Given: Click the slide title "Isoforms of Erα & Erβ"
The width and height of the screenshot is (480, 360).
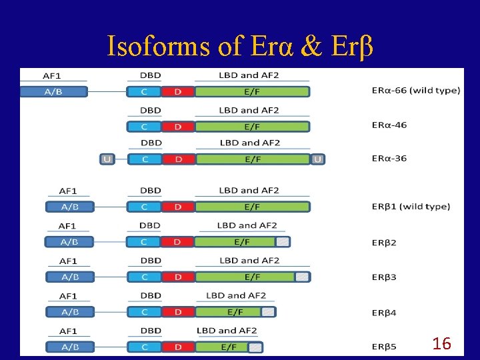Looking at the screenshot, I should [x=240, y=45].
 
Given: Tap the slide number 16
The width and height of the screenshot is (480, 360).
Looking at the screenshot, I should [x=441, y=344].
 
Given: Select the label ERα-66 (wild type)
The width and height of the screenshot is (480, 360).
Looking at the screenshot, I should [x=415, y=90].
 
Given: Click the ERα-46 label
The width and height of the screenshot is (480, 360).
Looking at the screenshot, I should [x=389, y=125].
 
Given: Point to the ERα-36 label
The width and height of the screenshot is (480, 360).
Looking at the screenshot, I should [x=389, y=158].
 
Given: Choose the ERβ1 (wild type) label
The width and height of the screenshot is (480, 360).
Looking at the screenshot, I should [x=411, y=206].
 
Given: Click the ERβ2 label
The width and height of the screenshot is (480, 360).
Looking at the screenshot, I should [x=384, y=242].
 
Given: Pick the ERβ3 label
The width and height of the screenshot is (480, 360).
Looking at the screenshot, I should [x=384, y=277].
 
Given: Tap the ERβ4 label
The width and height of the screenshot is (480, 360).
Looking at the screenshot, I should [x=384, y=312].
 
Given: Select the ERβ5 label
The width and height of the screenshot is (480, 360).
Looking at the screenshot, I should [x=384, y=347].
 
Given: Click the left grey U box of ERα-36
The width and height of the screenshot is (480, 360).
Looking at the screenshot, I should [x=107, y=159].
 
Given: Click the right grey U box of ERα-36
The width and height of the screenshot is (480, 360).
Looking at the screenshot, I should [x=318, y=159].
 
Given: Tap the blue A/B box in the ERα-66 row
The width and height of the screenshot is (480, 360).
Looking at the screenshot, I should [x=53, y=91].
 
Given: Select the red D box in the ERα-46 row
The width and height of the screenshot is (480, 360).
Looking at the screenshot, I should [x=178, y=126].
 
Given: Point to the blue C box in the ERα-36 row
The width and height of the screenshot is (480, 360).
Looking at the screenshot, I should [x=145, y=159].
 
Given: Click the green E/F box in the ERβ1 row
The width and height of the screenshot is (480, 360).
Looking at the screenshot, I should [x=252, y=207].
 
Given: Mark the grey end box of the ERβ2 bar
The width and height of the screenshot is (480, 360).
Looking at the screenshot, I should [x=283, y=242].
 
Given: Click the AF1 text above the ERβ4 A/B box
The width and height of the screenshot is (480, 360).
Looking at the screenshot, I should [x=68, y=296].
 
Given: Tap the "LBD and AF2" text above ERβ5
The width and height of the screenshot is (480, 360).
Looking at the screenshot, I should [x=227, y=331].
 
